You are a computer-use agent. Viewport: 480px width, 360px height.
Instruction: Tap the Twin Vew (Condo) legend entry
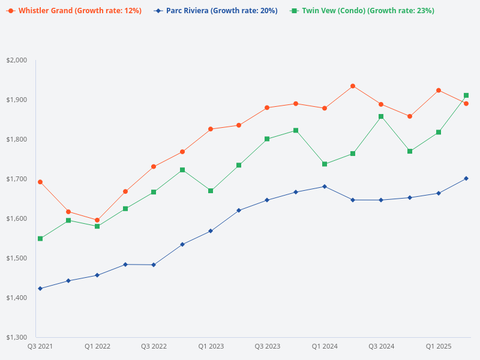(x=367, y=11)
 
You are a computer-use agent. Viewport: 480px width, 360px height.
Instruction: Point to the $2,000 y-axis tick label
(x=17, y=60)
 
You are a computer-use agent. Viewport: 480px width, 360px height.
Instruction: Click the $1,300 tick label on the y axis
(x=17, y=337)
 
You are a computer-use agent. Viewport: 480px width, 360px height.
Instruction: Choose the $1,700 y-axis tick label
(x=17, y=179)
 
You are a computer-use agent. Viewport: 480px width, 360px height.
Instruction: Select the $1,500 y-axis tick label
(x=17, y=258)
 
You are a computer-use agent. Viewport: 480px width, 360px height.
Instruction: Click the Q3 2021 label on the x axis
(x=40, y=347)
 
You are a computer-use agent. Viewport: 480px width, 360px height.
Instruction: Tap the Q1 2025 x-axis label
(x=439, y=347)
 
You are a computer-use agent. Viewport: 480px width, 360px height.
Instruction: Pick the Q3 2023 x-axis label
(x=268, y=347)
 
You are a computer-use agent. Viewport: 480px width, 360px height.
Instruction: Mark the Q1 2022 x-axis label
(x=97, y=347)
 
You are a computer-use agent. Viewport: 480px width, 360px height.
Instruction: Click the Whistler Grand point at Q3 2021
(x=40, y=182)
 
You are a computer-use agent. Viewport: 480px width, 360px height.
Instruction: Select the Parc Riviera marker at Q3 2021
(x=40, y=289)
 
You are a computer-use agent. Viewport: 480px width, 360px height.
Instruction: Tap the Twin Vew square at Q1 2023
(x=211, y=191)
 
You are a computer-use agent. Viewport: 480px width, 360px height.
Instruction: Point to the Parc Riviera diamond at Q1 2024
(x=325, y=187)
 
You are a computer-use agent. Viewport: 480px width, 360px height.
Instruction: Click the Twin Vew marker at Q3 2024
(x=381, y=116)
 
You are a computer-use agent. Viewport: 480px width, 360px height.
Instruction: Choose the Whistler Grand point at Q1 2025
(x=439, y=90)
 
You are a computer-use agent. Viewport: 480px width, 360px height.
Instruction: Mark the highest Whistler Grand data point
(x=353, y=86)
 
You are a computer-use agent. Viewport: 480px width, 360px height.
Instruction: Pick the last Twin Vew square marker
(x=466, y=95)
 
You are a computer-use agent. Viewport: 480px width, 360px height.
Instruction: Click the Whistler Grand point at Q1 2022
(x=97, y=220)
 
